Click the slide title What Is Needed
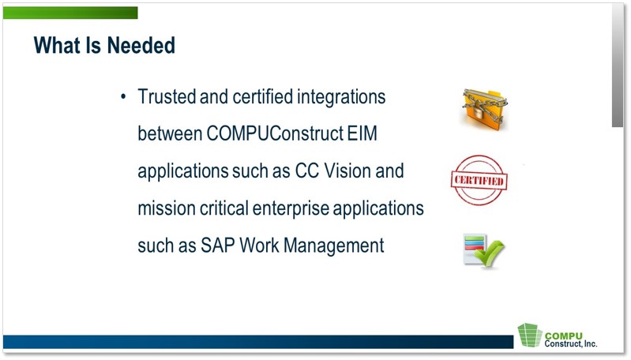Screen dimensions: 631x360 tap(104, 45)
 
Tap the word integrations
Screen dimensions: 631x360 tap(341, 98)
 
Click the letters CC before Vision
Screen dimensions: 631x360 tap(307, 171)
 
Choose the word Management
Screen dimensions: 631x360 tap(334, 246)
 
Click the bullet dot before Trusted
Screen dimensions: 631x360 tap(123, 97)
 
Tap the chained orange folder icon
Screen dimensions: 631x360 tap(484, 110)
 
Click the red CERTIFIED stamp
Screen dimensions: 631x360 tap(479, 180)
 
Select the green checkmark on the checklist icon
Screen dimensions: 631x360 tap(489, 253)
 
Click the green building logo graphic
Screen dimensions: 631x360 tap(530, 335)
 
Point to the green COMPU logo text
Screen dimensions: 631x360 tap(563, 336)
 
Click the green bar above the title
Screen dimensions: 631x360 tap(70, 13)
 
